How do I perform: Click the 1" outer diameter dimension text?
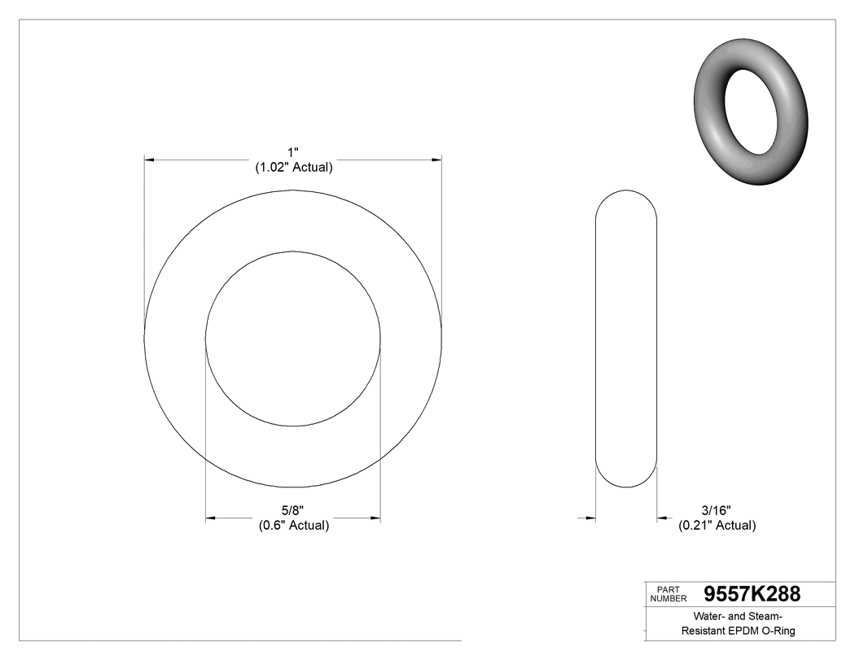click(x=293, y=152)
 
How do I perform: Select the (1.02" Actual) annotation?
click(x=293, y=168)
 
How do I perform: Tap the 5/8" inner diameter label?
click(x=293, y=510)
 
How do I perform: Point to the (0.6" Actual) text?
click(x=293, y=526)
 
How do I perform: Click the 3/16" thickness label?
click(x=717, y=510)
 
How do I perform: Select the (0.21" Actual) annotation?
click(x=717, y=526)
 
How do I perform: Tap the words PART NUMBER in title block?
click(x=669, y=594)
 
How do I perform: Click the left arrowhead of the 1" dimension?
click(x=150, y=160)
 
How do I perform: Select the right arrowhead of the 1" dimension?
click(x=436, y=160)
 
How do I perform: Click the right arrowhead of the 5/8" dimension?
click(x=375, y=518)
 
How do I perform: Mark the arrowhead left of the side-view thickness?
click(x=590, y=518)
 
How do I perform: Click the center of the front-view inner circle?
click(x=293, y=339)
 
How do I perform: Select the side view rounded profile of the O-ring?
click(x=626, y=339)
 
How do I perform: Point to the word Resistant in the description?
click(x=705, y=631)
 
